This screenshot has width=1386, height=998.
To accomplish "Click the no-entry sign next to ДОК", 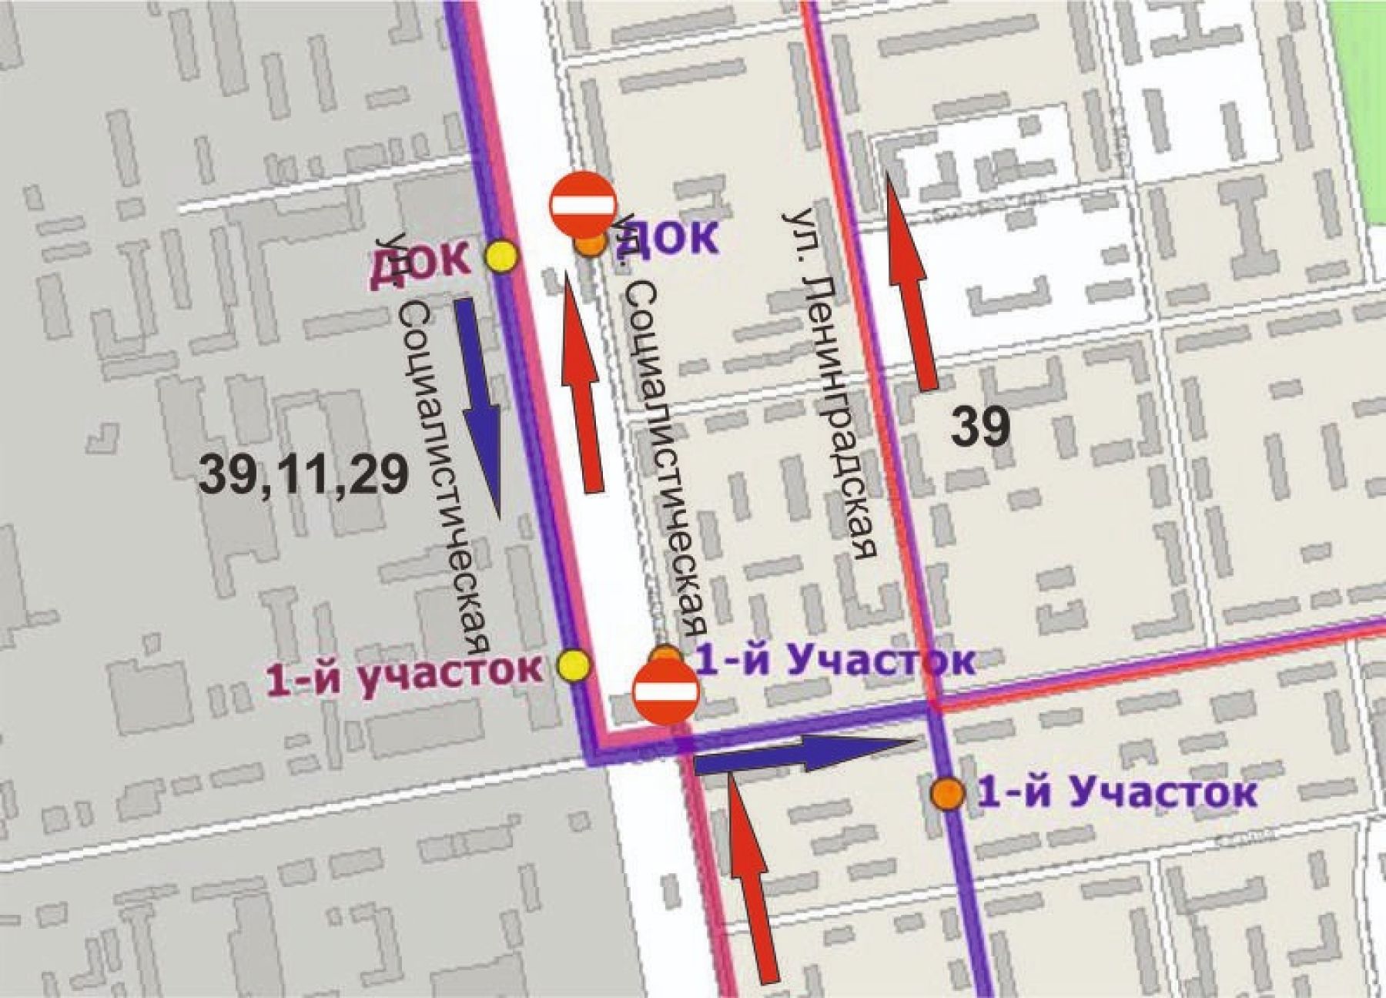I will (582, 205).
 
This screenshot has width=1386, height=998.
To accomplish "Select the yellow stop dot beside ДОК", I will (502, 256).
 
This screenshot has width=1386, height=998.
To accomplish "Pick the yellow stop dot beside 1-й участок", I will (574, 665).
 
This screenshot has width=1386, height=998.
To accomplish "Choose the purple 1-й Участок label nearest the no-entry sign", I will (835, 660).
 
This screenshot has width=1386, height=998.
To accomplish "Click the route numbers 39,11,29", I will (303, 474).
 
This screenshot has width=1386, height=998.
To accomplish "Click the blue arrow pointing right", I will (805, 753).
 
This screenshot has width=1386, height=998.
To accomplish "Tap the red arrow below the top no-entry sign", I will (582, 383).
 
